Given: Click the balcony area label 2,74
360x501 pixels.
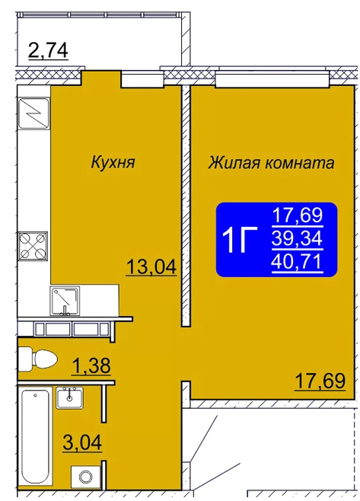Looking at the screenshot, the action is click(x=48, y=51).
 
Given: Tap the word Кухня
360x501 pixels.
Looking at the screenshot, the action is click(x=113, y=163).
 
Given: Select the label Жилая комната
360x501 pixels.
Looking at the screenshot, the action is click(x=271, y=163).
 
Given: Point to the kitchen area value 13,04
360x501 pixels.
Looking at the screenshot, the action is click(x=151, y=267).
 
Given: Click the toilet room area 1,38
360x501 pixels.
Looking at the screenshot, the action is click(x=91, y=365).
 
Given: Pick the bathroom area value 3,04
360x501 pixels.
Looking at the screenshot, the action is click(x=82, y=443).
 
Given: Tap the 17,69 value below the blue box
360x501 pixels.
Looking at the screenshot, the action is click(x=320, y=381).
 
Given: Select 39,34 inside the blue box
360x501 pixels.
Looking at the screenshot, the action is click(x=297, y=238).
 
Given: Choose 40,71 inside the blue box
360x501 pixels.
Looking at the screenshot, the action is click(x=297, y=263).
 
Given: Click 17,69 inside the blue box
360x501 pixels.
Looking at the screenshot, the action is click(x=297, y=215).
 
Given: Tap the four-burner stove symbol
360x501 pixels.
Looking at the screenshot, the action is click(x=32, y=246).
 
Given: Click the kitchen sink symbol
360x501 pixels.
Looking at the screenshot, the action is click(x=65, y=301).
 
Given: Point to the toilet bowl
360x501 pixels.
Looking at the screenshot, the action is click(x=37, y=359).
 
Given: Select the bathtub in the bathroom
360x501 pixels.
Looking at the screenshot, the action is click(x=35, y=440).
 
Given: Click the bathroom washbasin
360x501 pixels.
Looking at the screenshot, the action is click(x=69, y=397).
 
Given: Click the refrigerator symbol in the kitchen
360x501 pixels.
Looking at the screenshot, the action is click(x=33, y=113).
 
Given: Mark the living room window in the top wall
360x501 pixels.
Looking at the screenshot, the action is click(x=272, y=79).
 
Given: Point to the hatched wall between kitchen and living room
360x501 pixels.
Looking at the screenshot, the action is click(x=186, y=206).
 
